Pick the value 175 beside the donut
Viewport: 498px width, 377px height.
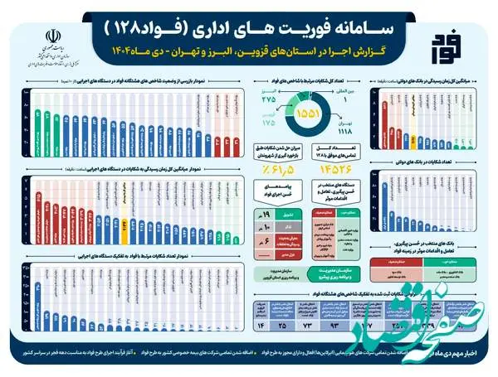(x=267, y=123)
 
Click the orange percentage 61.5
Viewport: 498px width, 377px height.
(x=274, y=169)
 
